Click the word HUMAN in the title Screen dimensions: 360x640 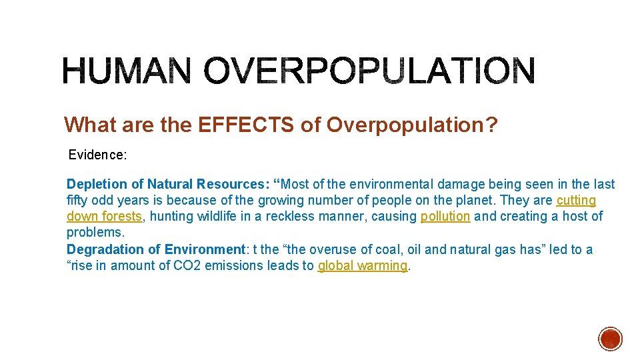click(x=127, y=71)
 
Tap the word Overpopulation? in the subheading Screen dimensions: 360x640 click(x=411, y=125)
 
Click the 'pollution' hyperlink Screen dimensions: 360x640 click(x=445, y=217)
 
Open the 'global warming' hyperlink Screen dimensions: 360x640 click(x=362, y=265)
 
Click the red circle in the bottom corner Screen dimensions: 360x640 click(x=610, y=339)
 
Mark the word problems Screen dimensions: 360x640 click(x=95, y=233)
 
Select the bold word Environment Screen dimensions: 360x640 click(x=205, y=249)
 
